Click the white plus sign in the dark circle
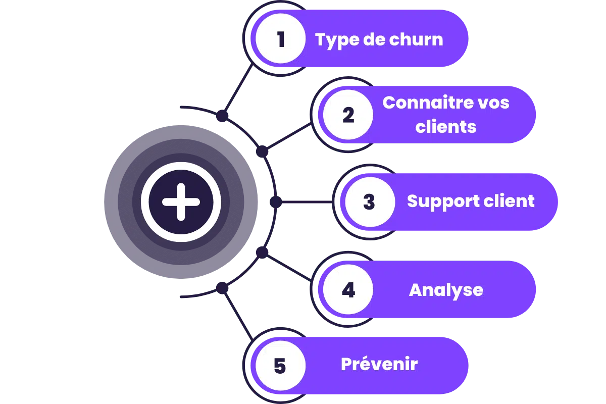coord(181,202)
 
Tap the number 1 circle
coord(281,39)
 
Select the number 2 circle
coord(348,115)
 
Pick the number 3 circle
coord(369,202)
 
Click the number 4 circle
coord(348,290)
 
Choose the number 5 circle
coord(280,365)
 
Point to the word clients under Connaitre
coord(446,126)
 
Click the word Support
coord(435,201)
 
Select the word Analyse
coord(446,290)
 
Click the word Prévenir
coord(379,364)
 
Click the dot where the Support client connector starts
coord(275,202)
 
